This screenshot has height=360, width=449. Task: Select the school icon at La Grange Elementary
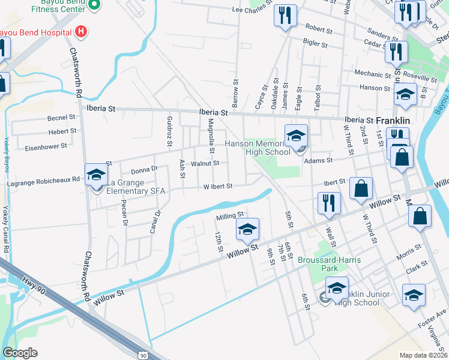click(96, 175)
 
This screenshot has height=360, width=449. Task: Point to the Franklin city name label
click(393, 120)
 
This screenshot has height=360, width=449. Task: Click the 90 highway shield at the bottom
click(143, 355)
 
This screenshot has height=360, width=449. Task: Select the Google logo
click(20, 353)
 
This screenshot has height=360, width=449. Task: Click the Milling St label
click(230, 214)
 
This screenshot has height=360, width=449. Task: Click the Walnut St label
click(205, 163)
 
